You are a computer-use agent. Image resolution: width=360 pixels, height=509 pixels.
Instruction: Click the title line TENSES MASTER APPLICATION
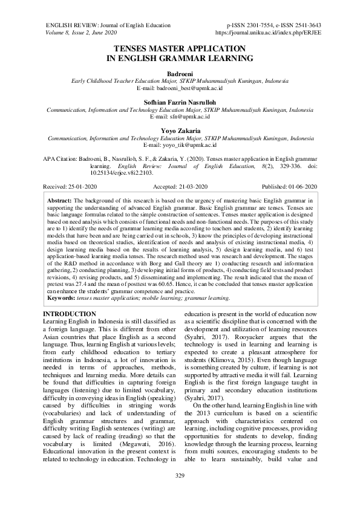(x=180, y=48)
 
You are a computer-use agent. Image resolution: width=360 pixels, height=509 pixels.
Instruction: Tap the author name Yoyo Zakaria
(x=180, y=132)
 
